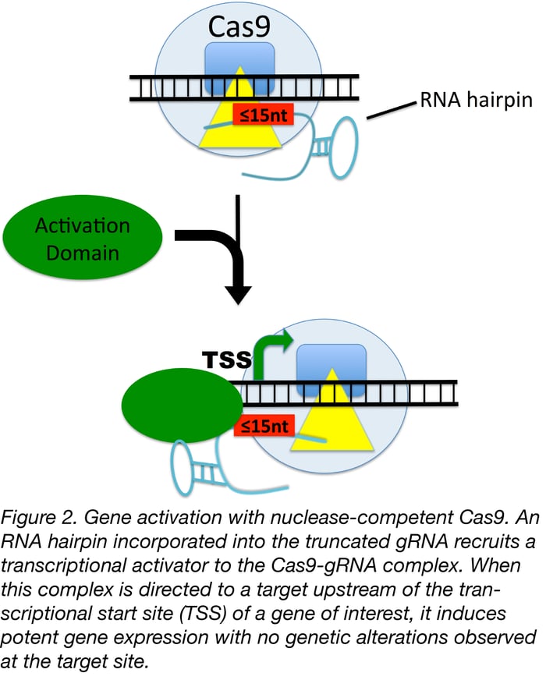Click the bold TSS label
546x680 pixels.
tap(226, 360)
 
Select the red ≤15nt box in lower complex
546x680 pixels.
tap(264, 426)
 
